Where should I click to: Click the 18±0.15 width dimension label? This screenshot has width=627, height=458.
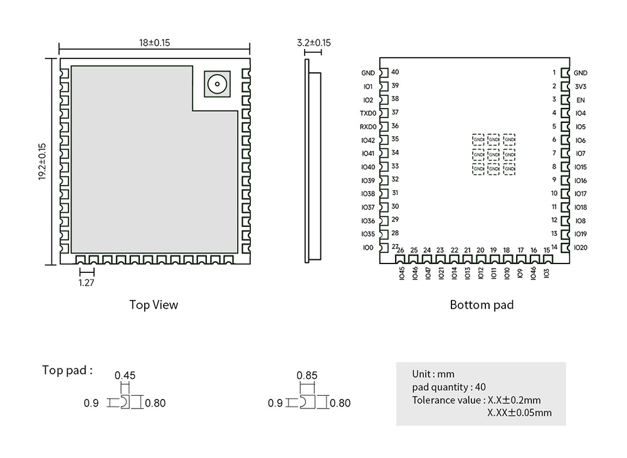tap(155, 43)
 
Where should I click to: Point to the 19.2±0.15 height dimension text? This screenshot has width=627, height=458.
tap(42, 162)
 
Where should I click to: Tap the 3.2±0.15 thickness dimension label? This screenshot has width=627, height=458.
tap(313, 43)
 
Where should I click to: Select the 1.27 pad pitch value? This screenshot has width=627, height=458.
tap(86, 283)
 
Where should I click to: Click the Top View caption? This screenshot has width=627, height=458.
tap(154, 305)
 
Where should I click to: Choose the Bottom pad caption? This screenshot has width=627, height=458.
tap(482, 305)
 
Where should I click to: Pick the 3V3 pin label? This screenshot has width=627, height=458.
tap(580, 87)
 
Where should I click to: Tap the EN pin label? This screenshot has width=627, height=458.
tap(581, 100)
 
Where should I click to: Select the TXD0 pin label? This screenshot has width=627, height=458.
tap(368, 114)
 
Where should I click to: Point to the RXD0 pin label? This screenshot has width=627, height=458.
tap(368, 127)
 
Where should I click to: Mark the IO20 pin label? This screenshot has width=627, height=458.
tap(581, 247)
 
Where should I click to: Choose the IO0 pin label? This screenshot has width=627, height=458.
tap(367, 248)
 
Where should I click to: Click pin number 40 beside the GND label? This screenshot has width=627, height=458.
tap(395, 72)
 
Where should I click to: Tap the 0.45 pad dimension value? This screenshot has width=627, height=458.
tap(125, 376)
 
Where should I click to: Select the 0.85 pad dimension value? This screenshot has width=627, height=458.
tap(307, 376)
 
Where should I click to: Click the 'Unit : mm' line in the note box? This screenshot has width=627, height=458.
tap(433, 374)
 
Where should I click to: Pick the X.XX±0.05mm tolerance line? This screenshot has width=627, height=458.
tap(519, 413)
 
